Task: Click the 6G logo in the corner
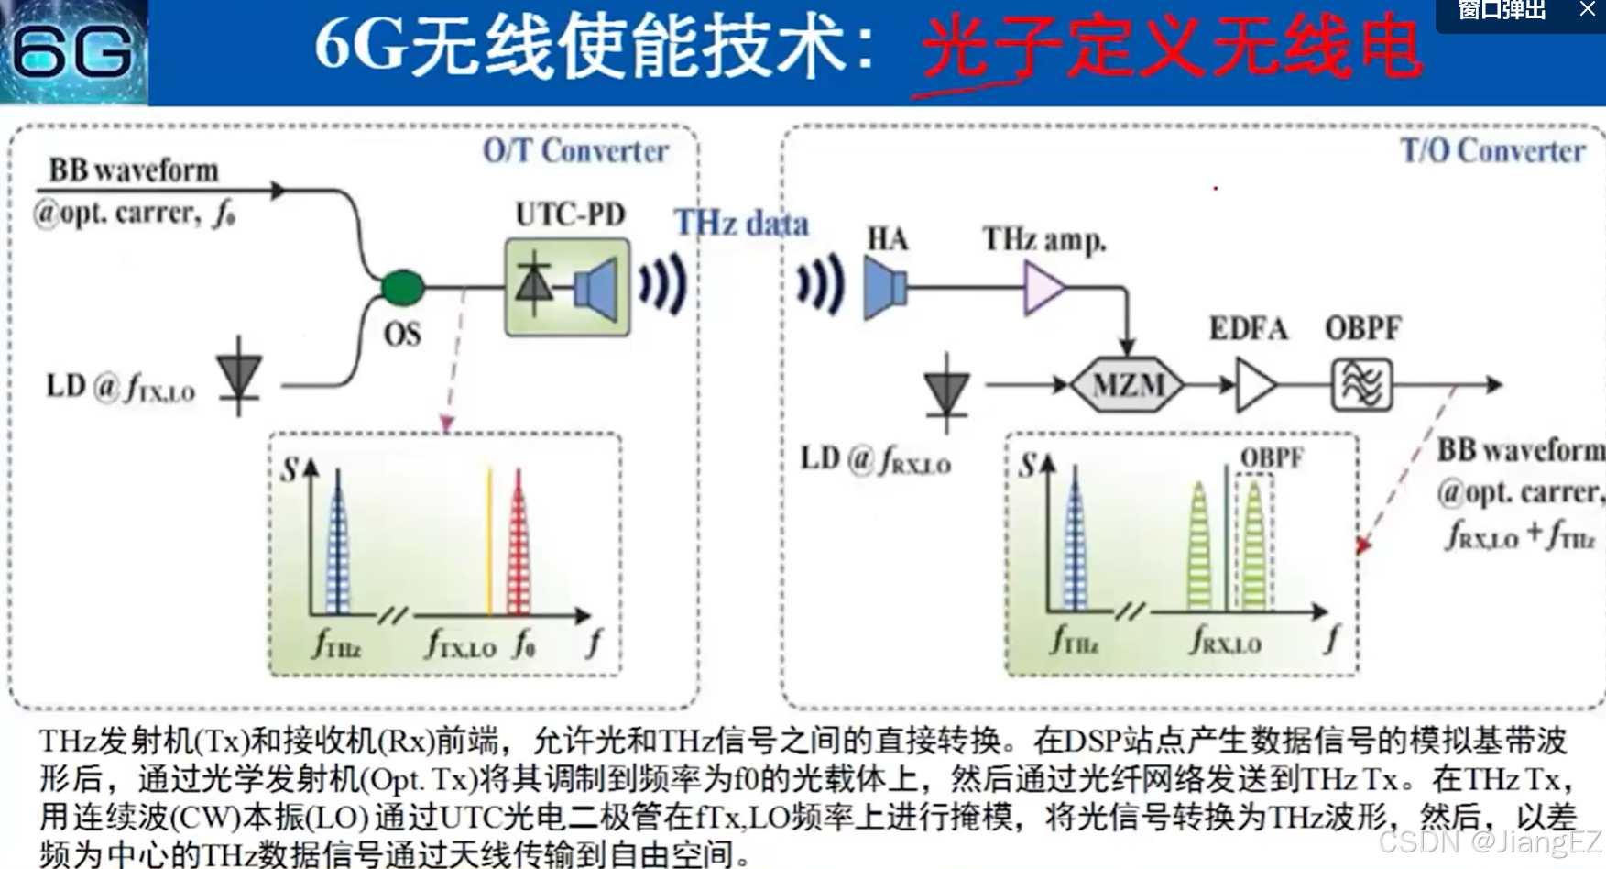tap(73, 51)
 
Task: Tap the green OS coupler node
tap(402, 287)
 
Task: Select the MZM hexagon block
tap(1128, 384)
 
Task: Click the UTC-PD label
tap(570, 214)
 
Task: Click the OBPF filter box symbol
tap(1361, 384)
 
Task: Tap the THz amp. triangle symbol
tap(1043, 288)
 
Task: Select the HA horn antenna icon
tap(885, 288)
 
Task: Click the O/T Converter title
tap(575, 150)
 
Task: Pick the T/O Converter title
tap(1492, 150)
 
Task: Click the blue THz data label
tap(741, 223)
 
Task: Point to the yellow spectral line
tap(489, 541)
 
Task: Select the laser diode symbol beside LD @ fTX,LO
tap(239, 377)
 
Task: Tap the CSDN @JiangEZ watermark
tap(1490, 841)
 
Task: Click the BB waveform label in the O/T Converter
tap(134, 170)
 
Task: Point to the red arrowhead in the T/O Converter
tap(1363, 545)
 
